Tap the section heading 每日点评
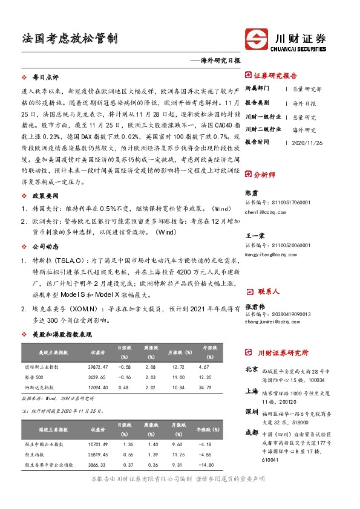45,78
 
